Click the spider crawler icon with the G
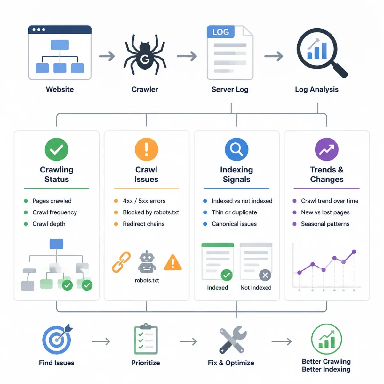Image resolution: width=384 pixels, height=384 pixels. click(145, 55)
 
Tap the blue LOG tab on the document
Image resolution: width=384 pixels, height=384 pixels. click(220, 32)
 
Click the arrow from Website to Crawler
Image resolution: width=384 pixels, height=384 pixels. click(107, 56)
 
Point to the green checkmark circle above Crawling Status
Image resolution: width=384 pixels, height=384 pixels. click(57, 149)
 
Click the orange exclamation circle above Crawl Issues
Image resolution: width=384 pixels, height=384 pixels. click(147, 149)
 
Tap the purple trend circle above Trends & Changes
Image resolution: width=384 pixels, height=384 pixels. click(327, 149)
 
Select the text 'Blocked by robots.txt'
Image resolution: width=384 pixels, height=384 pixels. click(151, 212)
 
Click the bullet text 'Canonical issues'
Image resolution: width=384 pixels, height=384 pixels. click(234, 224)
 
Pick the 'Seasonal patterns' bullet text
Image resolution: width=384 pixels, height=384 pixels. click(325, 224)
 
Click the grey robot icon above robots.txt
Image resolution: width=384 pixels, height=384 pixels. click(147, 262)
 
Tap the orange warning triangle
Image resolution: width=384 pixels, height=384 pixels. click(173, 262)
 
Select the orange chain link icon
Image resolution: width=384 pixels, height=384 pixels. click(121, 262)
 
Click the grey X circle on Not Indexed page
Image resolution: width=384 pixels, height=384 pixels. click(265, 275)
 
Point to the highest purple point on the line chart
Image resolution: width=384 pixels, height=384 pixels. click(354, 252)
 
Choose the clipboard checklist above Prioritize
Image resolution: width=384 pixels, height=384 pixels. click(146, 339)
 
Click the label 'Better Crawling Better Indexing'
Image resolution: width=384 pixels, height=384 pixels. click(326, 365)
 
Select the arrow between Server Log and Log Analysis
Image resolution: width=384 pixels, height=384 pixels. click(274, 56)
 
